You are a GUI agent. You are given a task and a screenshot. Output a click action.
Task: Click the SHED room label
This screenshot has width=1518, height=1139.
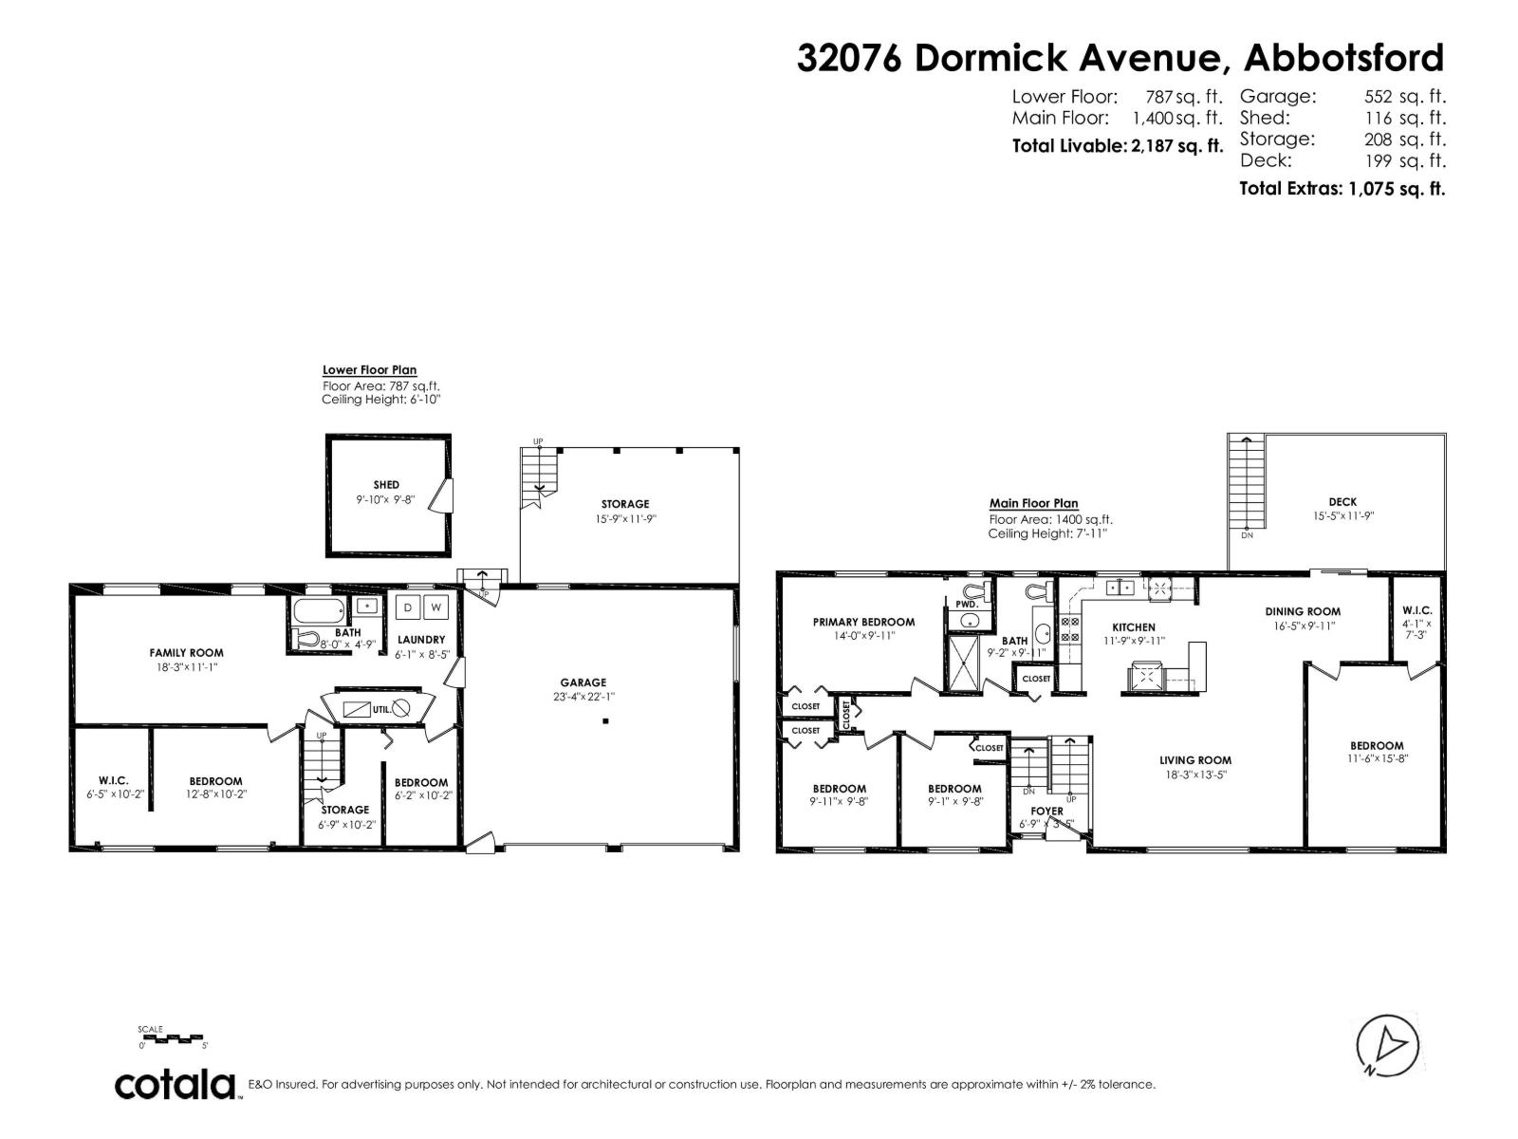386,485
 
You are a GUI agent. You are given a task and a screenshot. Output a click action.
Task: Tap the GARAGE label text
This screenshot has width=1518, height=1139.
583,682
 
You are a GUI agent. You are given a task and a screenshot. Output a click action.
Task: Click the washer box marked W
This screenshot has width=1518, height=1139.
436,607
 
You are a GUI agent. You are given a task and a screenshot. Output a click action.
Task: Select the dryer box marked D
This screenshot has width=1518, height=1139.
408,607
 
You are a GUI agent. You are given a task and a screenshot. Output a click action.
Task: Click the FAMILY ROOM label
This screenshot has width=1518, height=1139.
186,653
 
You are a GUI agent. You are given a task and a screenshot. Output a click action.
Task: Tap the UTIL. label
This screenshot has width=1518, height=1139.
380,709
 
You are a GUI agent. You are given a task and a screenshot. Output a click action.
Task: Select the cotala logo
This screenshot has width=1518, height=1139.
176,1084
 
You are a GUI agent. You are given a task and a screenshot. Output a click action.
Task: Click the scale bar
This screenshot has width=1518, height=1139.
172,1038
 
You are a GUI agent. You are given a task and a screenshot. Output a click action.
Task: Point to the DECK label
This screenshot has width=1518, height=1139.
1342,502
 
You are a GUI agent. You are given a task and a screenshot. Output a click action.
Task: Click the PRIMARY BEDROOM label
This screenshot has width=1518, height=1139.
863,623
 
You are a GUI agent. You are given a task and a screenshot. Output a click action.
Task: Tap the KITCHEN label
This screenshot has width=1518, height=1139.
1134,627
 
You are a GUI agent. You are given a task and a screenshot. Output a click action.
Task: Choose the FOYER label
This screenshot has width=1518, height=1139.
1046,812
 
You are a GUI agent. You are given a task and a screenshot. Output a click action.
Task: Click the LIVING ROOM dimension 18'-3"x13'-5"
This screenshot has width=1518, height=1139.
1195,775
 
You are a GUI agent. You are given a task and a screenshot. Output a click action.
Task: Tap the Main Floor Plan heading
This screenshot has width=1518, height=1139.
1033,504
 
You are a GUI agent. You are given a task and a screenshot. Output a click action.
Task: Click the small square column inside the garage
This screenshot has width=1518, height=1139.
605,721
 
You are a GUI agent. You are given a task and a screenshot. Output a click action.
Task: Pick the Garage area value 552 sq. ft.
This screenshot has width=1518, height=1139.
1404,97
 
